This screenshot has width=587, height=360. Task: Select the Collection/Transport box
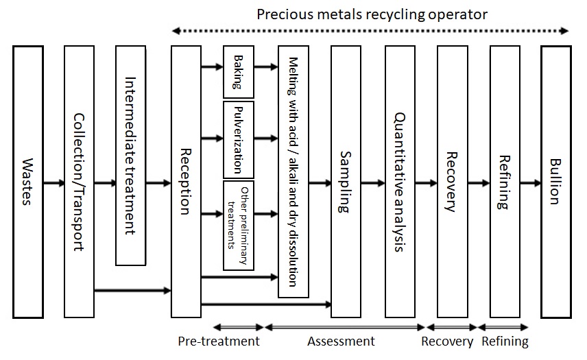pyautogui.click(x=78, y=182)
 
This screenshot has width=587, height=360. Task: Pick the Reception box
pyautogui.click(x=185, y=182)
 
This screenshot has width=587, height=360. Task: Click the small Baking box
pyautogui.click(x=238, y=72)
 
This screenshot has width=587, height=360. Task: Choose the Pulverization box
pyautogui.click(x=238, y=139)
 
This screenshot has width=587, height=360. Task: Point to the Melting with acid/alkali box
pyautogui.click(x=293, y=171)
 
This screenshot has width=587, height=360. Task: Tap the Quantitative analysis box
pyautogui.click(x=400, y=182)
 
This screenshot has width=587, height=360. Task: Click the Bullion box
pyautogui.click(x=555, y=182)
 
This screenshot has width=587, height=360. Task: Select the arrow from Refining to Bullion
pyautogui.click(x=529, y=183)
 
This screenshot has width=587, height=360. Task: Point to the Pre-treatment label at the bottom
pyautogui.click(x=219, y=341)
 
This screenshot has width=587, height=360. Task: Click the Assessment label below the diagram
pyautogui.click(x=341, y=341)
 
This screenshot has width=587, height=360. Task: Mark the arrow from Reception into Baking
pyautogui.click(x=212, y=67)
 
